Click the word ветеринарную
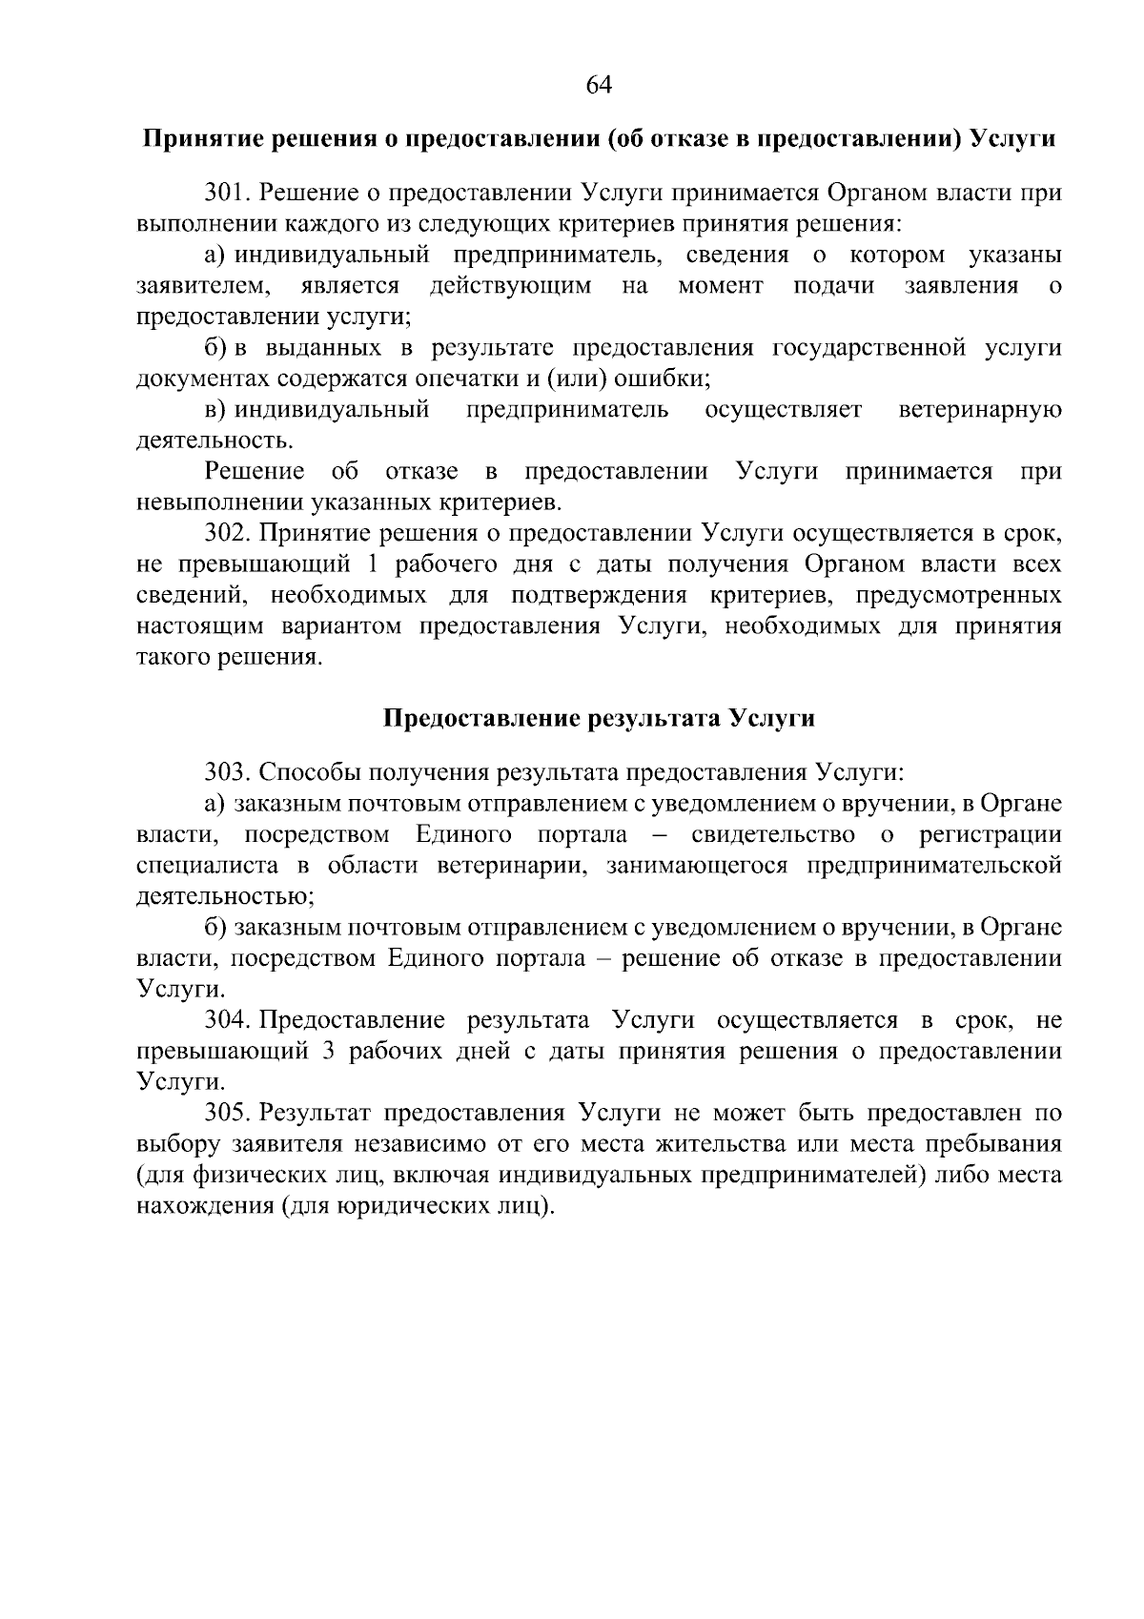click(x=980, y=410)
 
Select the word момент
click(x=721, y=286)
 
